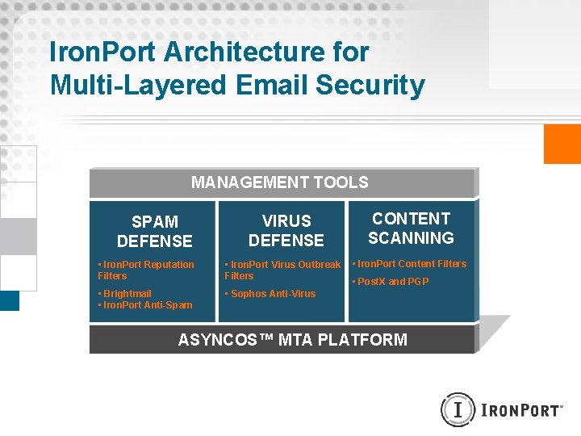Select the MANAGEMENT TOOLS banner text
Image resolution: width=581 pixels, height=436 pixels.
[x=279, y=182]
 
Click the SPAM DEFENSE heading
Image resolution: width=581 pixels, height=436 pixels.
[x=154, y=231]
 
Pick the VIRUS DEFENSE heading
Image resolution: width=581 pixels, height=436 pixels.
[x=286, y=230]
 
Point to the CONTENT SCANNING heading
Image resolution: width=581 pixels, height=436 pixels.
[x=411, y=228]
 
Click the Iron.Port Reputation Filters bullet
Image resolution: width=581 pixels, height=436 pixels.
[x=145, y=270]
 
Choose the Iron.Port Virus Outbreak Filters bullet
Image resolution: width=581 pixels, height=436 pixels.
[x=282, y=270]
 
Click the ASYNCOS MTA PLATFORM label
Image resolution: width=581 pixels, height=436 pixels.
[x=292, y=340]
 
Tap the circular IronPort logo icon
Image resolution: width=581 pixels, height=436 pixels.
[x=457, y=410]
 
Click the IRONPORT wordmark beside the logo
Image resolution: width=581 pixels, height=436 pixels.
[x=520, y=411]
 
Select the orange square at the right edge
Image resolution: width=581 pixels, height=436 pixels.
[x=562, y=144]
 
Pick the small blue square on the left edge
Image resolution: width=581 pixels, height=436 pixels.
[x=9, y=300]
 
